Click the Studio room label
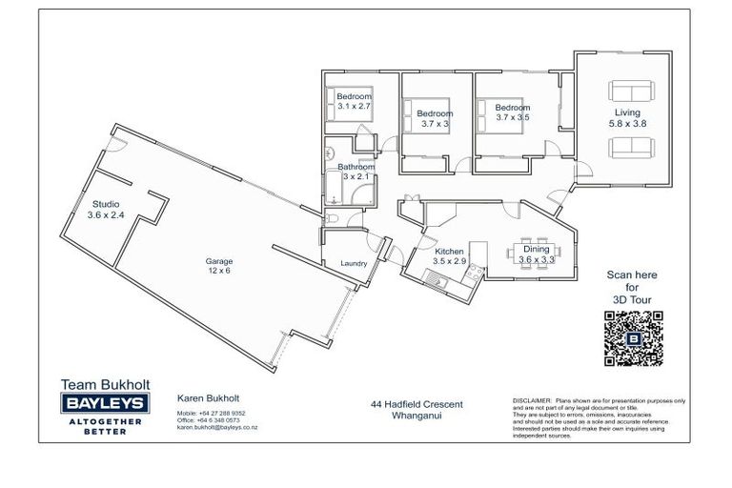pos(106,210)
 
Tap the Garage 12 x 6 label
pos(219,266)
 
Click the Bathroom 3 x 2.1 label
pos(356,172)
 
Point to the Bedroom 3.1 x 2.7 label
pos(354,102)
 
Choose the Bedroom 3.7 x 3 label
pos(435,119)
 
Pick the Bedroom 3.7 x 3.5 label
pos(512,112)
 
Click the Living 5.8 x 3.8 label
pos(626,118)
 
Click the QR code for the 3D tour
pos(633,338)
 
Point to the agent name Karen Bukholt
pos(209,397)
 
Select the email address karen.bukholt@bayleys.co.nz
pos(217,428)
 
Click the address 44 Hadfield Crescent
pos(417,404)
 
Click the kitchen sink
pos(434,278)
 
